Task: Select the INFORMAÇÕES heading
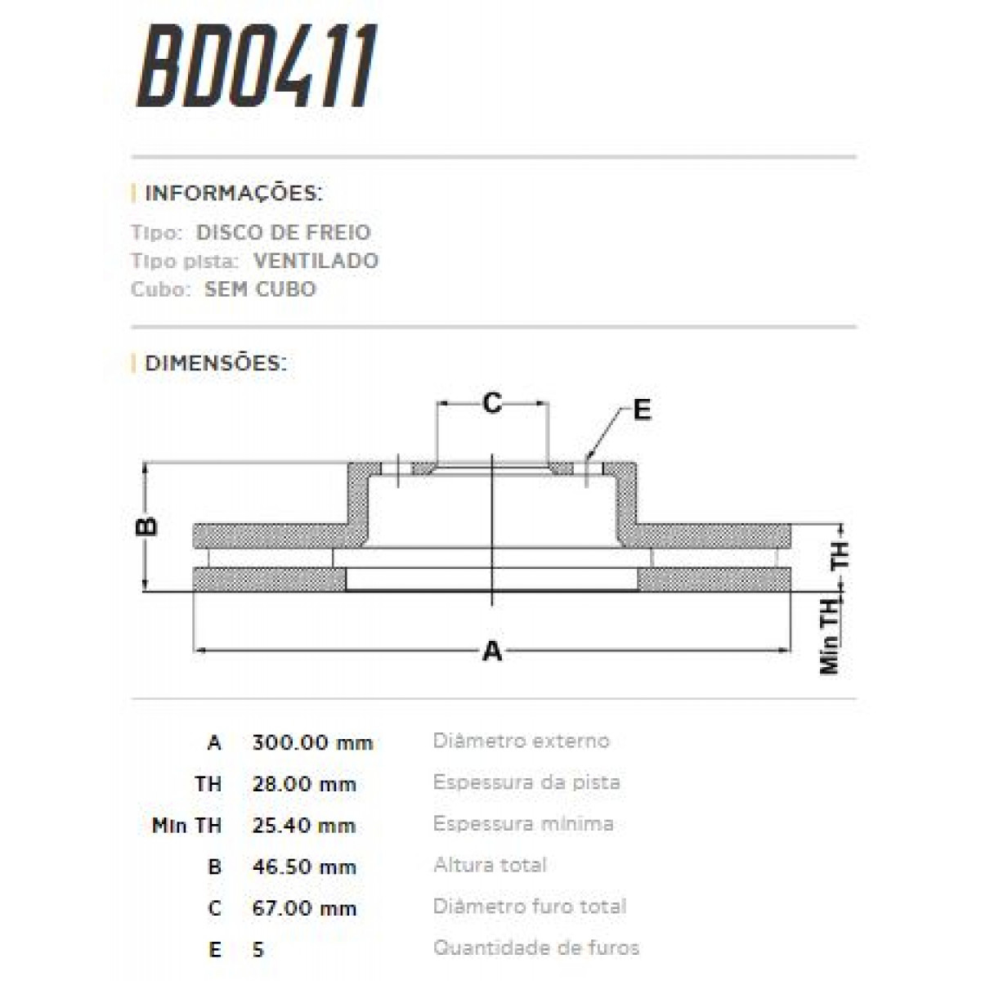click(233, 194)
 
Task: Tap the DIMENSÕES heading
click(215, 363)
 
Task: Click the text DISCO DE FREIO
click(283, 232)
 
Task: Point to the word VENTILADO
click(316, 261)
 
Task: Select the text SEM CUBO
click(260, 289)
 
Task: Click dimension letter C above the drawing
click(491, 403)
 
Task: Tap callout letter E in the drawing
click(642, 410)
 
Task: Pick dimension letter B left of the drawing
click(146, 526)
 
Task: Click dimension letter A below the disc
click(492, 652)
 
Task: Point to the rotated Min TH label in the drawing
click(831, 635)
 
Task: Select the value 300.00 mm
click(312, 742)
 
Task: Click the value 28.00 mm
click(304, 784)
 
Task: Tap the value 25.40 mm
click(303, 825)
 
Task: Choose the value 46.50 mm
click(304, 867)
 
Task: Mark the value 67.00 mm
click(304, 908)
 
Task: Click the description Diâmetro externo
click(521, 741)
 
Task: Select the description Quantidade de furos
click(535, 948)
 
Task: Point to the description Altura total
click(490, 865)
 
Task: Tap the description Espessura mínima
click(523, 823)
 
